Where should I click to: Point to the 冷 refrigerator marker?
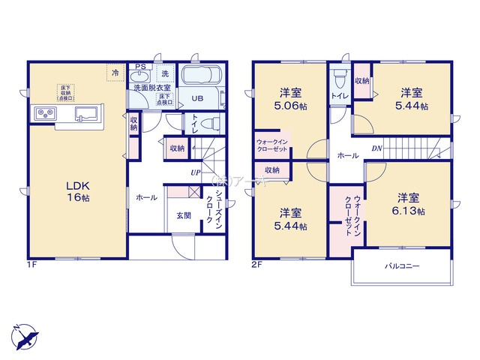115,73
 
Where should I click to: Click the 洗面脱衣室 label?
151,87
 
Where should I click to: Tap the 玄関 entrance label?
184,215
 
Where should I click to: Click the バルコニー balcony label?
403,266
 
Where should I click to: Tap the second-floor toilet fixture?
337,78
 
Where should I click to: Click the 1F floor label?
32,265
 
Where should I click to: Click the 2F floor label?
256,265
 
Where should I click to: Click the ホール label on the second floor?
347,157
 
